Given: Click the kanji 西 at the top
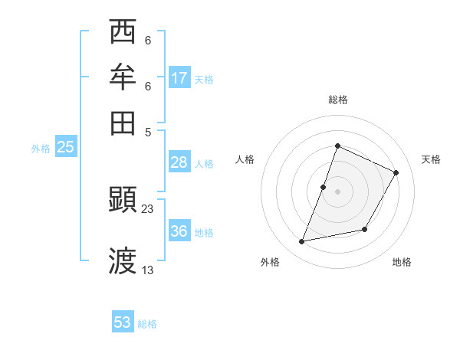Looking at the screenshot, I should [x=123, y=33].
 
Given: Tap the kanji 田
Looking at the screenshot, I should [x=123, y=123].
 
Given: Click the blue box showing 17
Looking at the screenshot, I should [x=179, y=78].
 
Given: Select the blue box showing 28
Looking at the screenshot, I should [x=179, y=162].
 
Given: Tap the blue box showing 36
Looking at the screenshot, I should [x=179, y=231].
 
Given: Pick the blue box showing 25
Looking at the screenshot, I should [x=65, y=147].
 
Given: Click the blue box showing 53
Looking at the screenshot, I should [x=123, y=322].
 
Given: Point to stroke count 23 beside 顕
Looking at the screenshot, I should [x=148, y=209].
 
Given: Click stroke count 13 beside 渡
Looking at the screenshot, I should [x=148, y=270].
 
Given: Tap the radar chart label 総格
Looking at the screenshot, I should [x=337, y=100].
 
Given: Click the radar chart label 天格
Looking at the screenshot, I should [x=431, y=159].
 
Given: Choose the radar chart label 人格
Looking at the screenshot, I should [x=245, y=159].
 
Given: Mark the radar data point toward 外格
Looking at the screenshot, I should [x=302, y=242].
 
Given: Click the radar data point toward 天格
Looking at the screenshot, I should [x=396, y=172].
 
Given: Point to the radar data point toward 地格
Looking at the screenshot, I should [x=365, y=229].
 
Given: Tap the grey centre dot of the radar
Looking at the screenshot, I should [x=337, y=191].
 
